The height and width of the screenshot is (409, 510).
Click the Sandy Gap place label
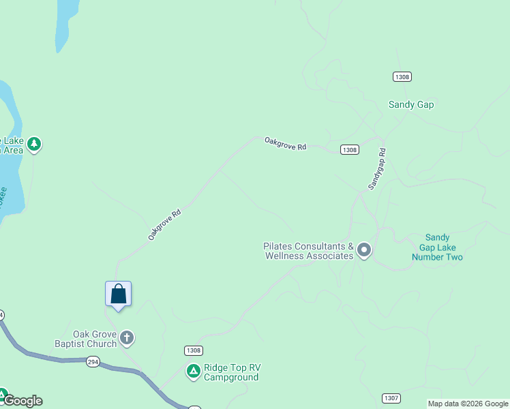click(411, 104)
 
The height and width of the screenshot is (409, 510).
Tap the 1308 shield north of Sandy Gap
click(402, 76)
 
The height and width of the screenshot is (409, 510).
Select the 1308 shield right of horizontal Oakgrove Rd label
click(349, 149)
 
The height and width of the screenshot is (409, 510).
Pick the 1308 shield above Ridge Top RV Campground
click(193, 350)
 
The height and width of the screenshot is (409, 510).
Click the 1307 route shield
click(391, 397)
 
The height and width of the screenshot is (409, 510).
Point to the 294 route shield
click(93, 362)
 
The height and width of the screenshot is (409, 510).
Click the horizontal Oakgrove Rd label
click(286, 143)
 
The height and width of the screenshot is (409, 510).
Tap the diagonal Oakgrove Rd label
click(164, 224)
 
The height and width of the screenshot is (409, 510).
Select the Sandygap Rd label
click(377, 169)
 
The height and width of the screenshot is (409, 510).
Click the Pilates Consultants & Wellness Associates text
click(309, 251)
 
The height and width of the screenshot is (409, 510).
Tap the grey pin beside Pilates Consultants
click(364, 250)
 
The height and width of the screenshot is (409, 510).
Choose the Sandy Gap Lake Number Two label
click(437, 247)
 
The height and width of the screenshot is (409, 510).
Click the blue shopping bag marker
click(119, 294)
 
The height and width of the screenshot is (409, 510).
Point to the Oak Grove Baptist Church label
click(86, 339)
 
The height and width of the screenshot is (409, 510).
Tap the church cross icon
click(127, 337)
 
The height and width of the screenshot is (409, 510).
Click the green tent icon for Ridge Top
click(194, 372)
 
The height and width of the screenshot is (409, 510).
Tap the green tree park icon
click(33, 145)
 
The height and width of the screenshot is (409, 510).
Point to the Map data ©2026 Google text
click(468, 404)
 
